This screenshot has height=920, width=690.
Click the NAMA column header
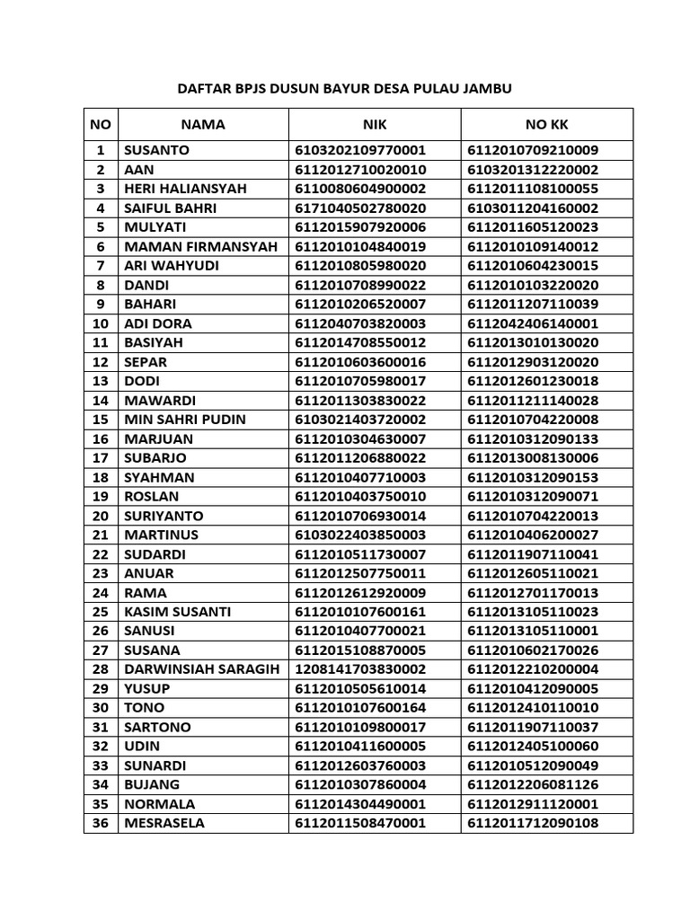pos(202,125)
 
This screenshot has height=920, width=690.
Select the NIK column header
pos(374,125)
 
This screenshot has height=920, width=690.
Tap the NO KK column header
pos(546,125)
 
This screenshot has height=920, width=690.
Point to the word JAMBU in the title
pos(487,88)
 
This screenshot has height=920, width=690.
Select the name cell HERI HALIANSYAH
pos(185,189)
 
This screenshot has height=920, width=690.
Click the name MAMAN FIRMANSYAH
pos(201,246)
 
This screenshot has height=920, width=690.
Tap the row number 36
pos(101,823)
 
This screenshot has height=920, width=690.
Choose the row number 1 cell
pos(101,150)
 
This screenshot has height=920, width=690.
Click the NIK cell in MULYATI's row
pos(359,227)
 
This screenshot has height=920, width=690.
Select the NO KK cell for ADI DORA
pos(533,323)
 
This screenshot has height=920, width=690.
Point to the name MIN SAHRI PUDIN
pos(185,420)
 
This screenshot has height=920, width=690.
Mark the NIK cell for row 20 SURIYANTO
pos(359,516)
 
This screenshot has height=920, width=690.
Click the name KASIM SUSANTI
pos(177,612)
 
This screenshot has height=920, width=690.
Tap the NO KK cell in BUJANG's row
pos(533,784)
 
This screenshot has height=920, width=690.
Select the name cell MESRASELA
pos(164,823)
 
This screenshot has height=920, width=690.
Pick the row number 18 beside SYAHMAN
pos(101,477)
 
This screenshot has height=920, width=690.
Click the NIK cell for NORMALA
pos(359,804)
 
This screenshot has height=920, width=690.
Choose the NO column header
pos(101,125)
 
